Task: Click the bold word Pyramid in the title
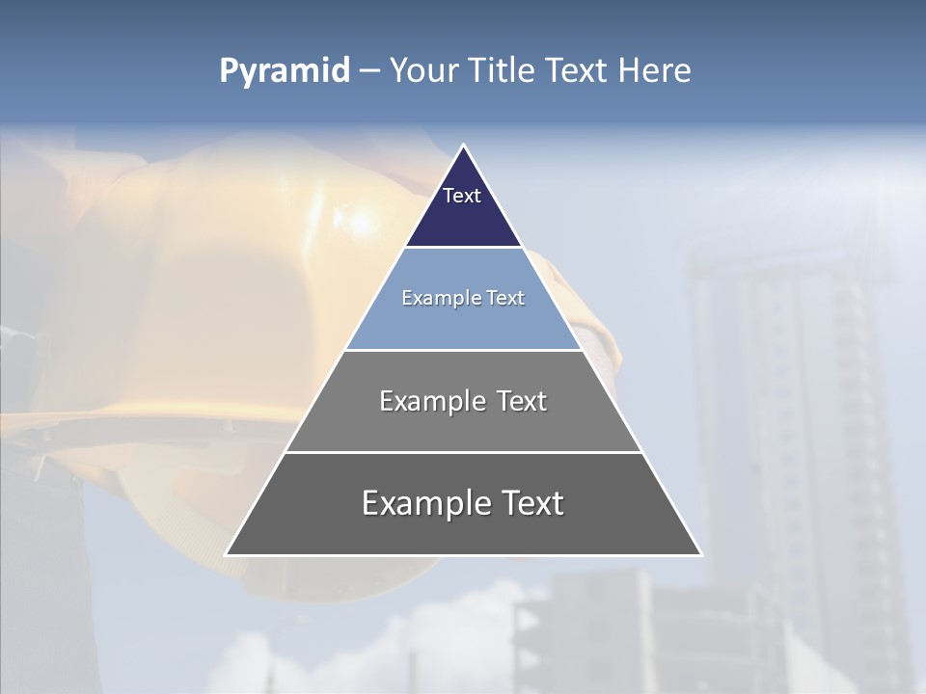284,71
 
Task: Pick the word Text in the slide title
578,71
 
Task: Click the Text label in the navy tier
462,196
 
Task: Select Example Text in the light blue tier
463,298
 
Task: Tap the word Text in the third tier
522,401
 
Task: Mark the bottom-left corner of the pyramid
228,554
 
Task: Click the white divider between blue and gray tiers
463,350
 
